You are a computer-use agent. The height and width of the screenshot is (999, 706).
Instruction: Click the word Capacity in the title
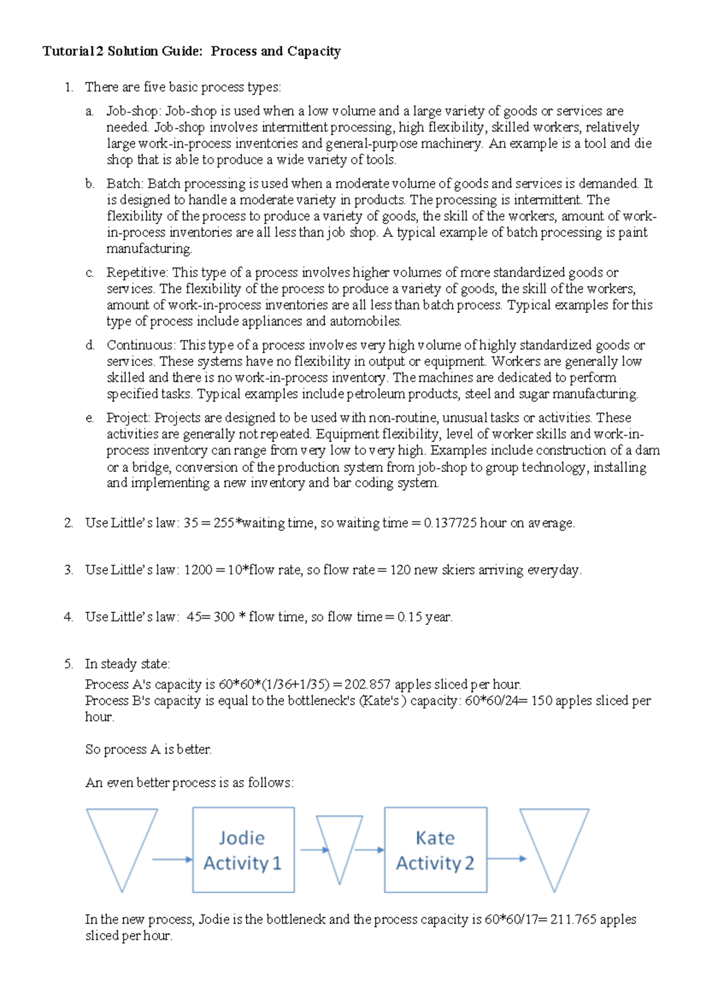click(314, 52)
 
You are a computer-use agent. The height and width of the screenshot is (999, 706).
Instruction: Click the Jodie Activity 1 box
click(243, 850)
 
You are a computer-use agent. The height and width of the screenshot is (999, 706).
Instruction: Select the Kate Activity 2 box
click(435, 850)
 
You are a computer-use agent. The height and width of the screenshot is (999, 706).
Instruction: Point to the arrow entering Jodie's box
click(172, 860)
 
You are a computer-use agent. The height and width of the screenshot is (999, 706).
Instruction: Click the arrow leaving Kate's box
click(507, 858)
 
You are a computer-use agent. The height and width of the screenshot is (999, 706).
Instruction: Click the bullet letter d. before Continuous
click(89, 345)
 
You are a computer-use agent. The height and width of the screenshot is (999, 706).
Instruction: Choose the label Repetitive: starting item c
click(137, 272)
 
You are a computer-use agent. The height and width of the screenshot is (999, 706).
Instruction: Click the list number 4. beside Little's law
click(69, 617)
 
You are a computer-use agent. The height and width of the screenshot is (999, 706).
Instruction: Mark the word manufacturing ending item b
click(149, 249)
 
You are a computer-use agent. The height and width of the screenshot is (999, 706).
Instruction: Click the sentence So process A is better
click(148, 750)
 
